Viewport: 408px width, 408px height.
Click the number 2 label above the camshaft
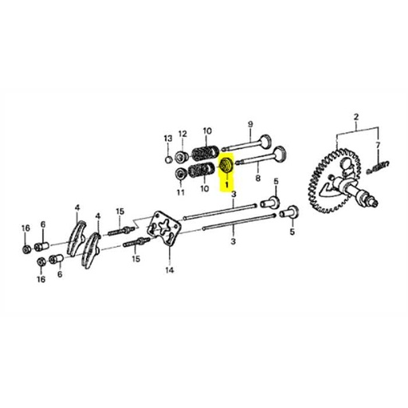(x=355, y=116)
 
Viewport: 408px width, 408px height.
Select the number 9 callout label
(x=249, y=124)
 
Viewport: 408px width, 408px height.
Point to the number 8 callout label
(x=258, y=181)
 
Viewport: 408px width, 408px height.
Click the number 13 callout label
(x=167, y=139)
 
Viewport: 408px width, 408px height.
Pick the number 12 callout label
(x=182, y=133)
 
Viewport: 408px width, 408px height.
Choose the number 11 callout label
(x=180, y=193)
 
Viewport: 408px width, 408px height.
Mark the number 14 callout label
(x=168, y=270)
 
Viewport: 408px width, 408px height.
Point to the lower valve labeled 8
(x=263, y=159)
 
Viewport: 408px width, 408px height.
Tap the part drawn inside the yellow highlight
(x=226, y=166)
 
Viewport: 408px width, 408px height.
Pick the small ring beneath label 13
(x=167, y=157)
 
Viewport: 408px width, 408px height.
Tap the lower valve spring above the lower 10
(x=203, y=171)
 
